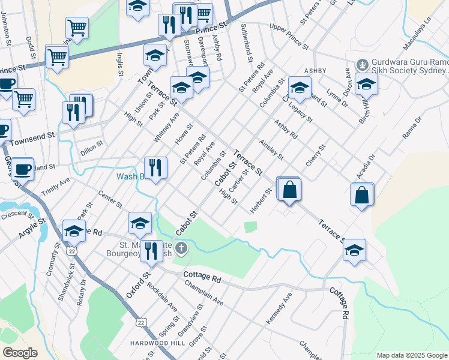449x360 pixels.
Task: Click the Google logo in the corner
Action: tap(19, 353)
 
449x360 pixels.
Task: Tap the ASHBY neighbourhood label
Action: tap(315, 71)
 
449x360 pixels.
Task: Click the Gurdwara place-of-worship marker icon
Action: tap(362, 64)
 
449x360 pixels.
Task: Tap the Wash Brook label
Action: tap(131, 176)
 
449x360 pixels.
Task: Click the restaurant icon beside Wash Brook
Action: tap(156, 168)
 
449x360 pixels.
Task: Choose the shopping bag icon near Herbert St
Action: tap(289, 189)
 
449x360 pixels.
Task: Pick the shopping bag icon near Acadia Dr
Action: tap(363, 196)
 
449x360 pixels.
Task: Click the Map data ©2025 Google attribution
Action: tap(411, 355)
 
